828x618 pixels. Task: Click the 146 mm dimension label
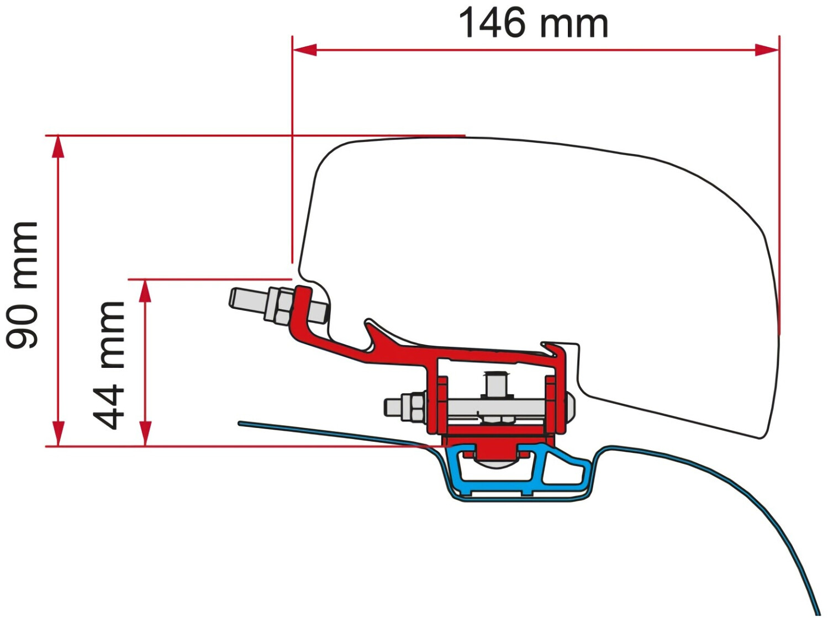pyautogui.click(x=533, y=23)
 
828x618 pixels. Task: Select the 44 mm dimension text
pyautogui.click(x=109, y=365)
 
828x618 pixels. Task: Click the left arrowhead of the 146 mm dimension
pyautogui.click(x=304, y=50)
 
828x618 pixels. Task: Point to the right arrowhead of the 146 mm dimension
pyautogui.click(x=767, y=50)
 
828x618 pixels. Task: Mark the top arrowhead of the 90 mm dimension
pyautogui.click(x=58, y=147)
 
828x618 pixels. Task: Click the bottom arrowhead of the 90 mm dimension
pyautogui.click(x=58, y=434)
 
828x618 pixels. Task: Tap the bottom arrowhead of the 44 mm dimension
pyautogui.click(x=145, y=434)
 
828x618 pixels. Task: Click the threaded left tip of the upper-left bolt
pyautogui.click(x=241, y=299)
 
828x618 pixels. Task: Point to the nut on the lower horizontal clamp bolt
pyautogui.click(x=414, y=407)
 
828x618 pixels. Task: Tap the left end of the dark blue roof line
pyautogui.click(x=241, y=424)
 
